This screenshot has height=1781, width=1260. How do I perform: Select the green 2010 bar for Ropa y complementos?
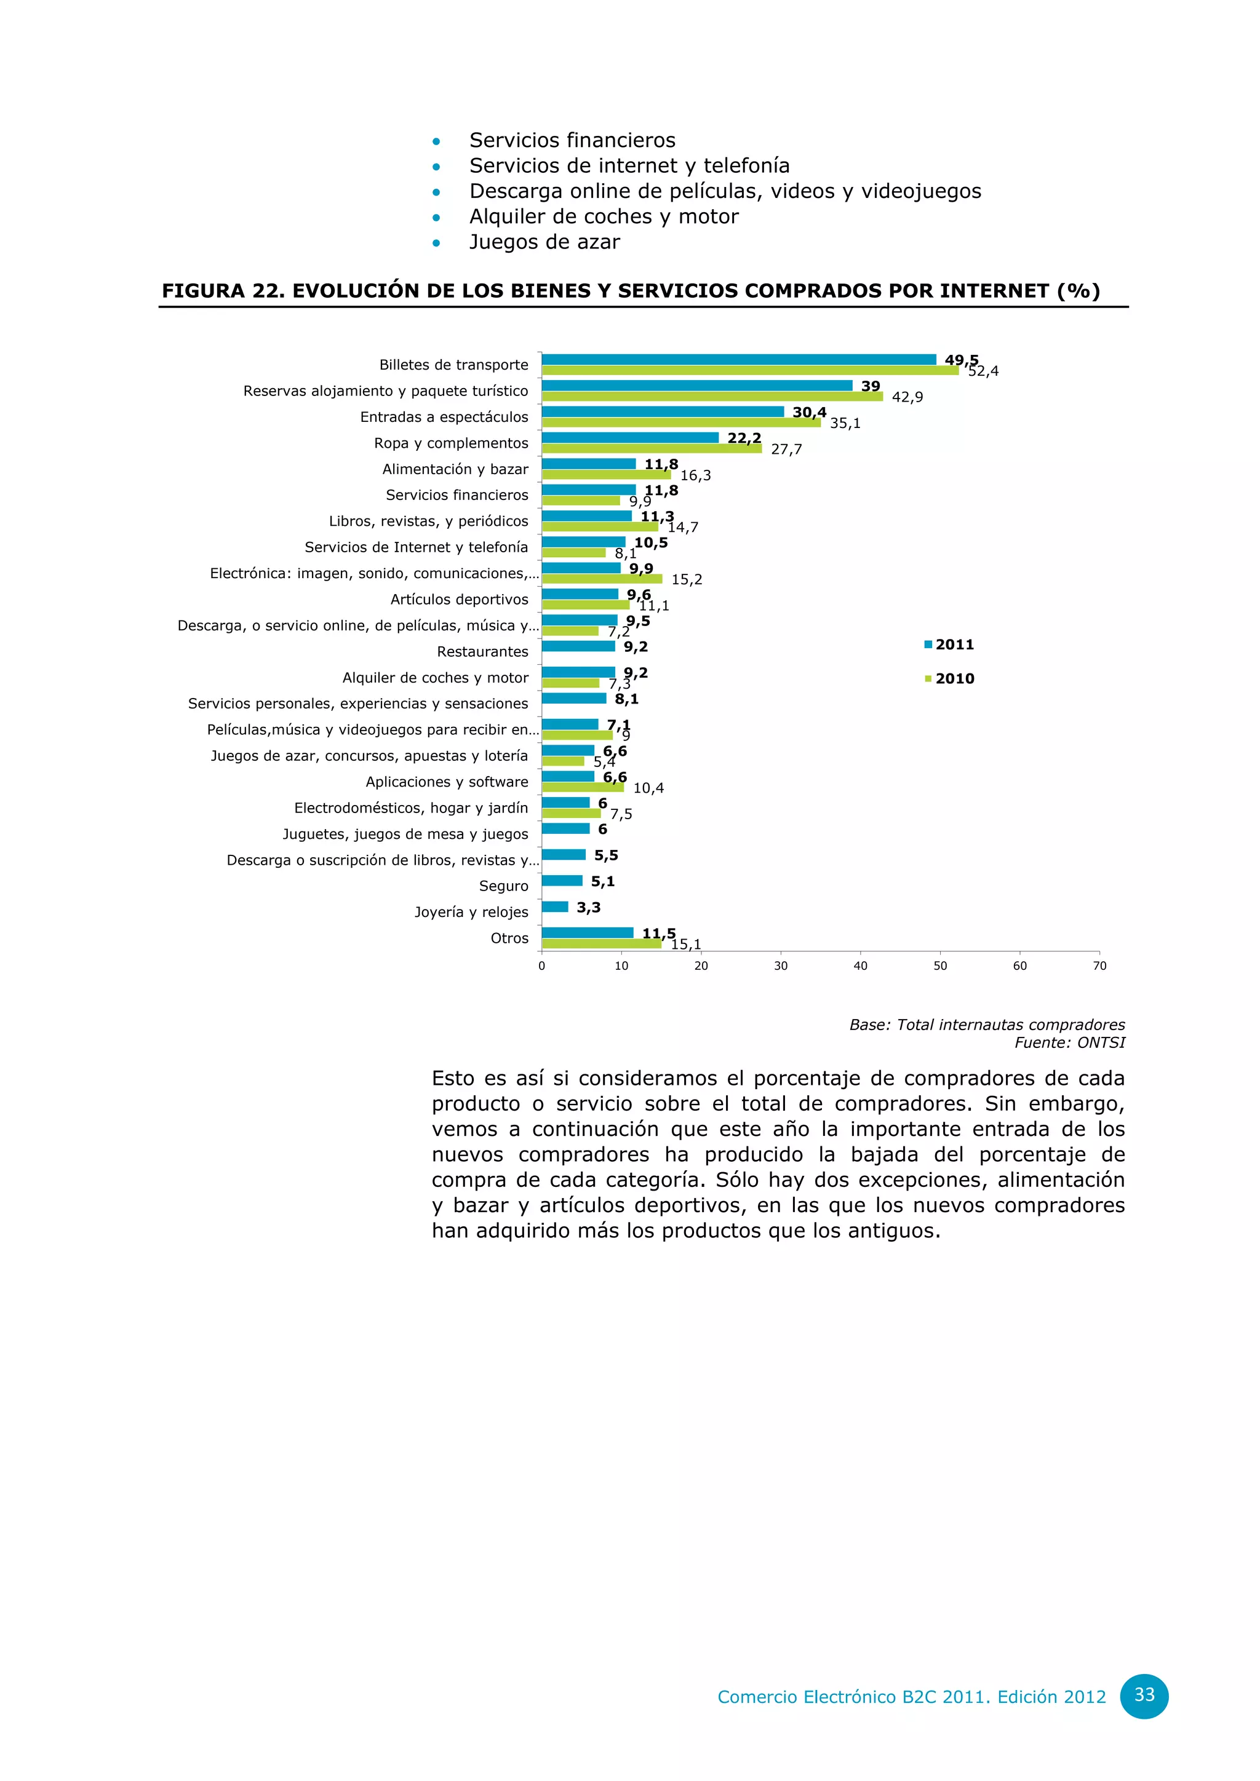[x=652, y=448]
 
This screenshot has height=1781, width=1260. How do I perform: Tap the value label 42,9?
[x=907, y=397]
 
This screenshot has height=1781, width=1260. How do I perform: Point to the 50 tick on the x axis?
[x=939, y=966]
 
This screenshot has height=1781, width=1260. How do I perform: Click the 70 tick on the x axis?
[x=1099, y=966]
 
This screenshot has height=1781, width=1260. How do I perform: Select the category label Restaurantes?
[x=482, y=652]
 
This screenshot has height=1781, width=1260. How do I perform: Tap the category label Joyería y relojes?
[x=470, y=912]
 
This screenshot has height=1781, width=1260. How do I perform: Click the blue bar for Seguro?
[x=562, y=881]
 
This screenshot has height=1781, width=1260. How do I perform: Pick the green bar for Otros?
[x=601, y=944]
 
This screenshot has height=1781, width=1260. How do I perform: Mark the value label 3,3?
[x=588, y=908]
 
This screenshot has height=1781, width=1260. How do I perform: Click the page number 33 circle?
[x=1144, y=1695]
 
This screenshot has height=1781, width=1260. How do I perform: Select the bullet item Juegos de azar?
[x=544, y=242]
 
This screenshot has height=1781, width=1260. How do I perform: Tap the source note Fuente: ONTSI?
[x=1069, y=1042]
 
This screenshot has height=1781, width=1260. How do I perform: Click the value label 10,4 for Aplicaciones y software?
[x=648, y=788]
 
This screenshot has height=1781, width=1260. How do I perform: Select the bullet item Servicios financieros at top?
[x=572, y=140]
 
